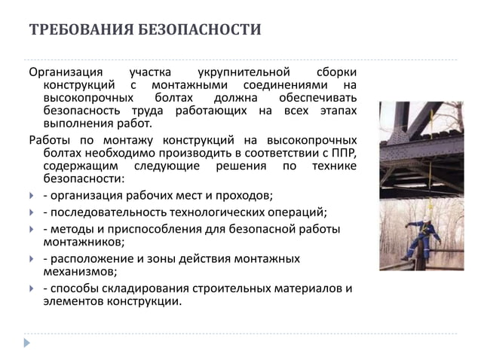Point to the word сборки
336,73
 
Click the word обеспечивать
317,99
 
